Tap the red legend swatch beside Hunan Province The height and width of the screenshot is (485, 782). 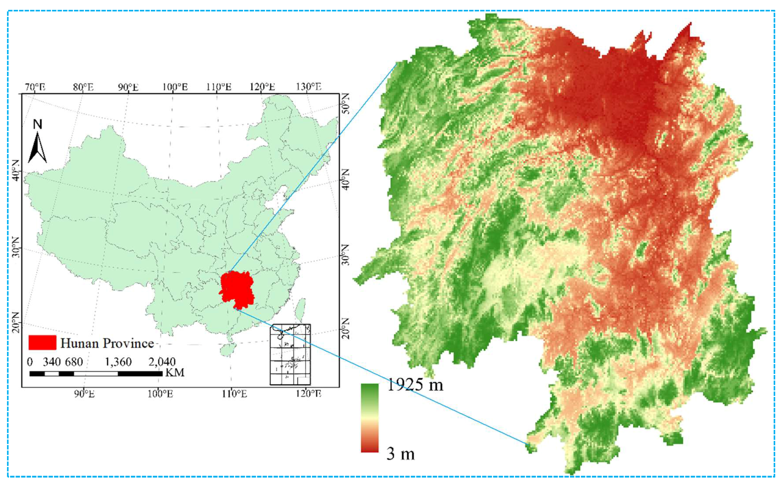42,343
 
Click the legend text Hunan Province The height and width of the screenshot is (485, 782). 107,343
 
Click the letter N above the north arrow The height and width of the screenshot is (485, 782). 37,124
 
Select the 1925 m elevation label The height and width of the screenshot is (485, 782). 415,384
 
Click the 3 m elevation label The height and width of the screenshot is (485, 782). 401,454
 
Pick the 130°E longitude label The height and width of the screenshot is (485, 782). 309,87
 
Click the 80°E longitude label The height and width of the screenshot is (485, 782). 83,87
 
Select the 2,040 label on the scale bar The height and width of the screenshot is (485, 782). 162,362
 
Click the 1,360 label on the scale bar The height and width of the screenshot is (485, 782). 118,362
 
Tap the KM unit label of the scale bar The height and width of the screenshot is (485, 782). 175,373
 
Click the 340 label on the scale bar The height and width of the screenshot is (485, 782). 52,362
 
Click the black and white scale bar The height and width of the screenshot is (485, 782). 96,373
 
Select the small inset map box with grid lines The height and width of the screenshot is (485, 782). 290,354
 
